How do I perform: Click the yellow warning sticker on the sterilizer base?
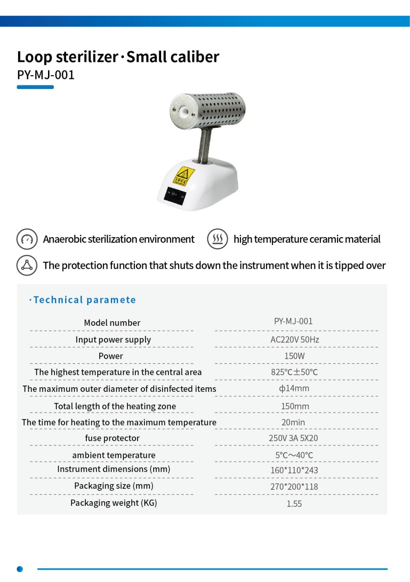tap(184, 175)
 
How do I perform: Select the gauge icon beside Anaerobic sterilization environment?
tap(27, 239)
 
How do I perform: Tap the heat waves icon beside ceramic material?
tap(217, 239)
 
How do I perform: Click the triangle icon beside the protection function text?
tap(27, 265)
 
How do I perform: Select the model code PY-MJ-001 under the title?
tap(46, 74)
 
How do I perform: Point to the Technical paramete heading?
tap(84, 300)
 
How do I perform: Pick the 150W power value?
tap(294, 356)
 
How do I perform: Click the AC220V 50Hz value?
tap(295, 340)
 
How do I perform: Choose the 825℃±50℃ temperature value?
tap(294, 372)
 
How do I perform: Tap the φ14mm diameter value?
tap(294, 389)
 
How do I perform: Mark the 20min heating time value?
tap(293, 422)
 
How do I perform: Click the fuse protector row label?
tap(112, 438)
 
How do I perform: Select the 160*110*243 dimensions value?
tap(294, 470)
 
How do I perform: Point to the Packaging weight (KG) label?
tap(114, 503)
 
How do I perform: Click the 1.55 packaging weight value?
tap(294, 504)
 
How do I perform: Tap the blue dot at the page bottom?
tap(20, 569)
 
